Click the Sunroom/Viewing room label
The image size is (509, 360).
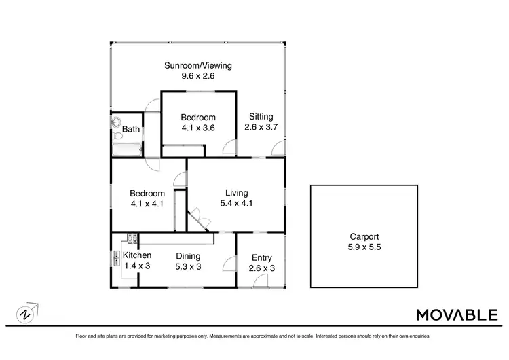[x=198, y=66]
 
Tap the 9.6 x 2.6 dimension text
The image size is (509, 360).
[x=198, y=76]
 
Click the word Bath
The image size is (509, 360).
[x=131, y=129]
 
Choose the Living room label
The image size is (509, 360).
[x=236, y=192]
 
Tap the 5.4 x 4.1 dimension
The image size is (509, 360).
[x=236, y=202]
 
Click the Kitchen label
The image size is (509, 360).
[x=136, y=255]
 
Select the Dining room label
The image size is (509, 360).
[x=188, y=256]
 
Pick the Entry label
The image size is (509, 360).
[x=262, y=257]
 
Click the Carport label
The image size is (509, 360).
[x=363, y=237]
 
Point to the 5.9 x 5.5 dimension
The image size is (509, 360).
[x=363, y=247]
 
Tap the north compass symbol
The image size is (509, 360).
[x=25, y=314]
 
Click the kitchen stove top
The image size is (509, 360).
[x=131, y=239]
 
